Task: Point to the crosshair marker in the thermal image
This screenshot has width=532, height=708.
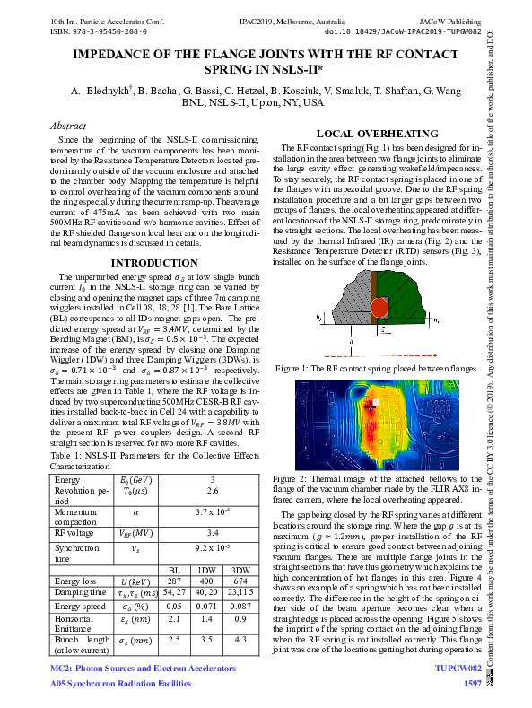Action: click(x=370, y=406)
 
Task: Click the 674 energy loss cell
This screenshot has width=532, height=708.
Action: click(x=240, y=581)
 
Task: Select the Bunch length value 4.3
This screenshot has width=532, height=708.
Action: click(x=240, y=639)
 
